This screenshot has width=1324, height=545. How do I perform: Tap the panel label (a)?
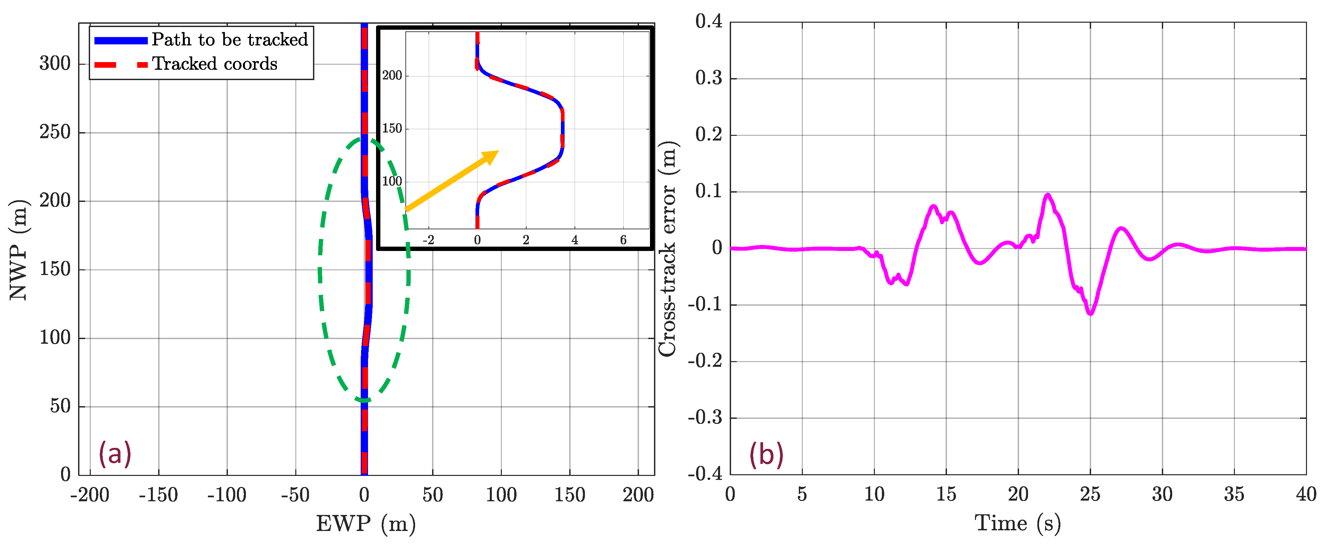pyautogui.click(x=115, y=454)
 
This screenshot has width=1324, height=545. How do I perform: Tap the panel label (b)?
pyautogui.click(x=766, y=455)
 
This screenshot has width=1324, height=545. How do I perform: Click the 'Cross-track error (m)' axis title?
pyautogui.click(x=668, y=248)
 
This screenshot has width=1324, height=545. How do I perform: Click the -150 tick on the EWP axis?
pyautogui.click(x=158, y=495)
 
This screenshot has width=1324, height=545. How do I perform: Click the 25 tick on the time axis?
pyautogui.click(x=1090, y=495)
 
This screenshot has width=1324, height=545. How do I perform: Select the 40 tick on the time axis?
pyautogui.click(x=1306, y=495)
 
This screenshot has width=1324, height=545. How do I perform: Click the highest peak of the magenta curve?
pyautogui.click(x=1047, y=195)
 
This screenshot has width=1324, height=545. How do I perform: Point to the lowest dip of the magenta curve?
pyautogui.click(x=1090, y=313)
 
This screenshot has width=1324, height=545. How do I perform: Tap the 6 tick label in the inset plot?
pyautogui.click(x=623, y=240)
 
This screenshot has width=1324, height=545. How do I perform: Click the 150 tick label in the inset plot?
pyautogui.click(x=392, y=128)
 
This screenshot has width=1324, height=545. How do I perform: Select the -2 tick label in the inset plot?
pyautogui.click(x=428, y=240)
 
